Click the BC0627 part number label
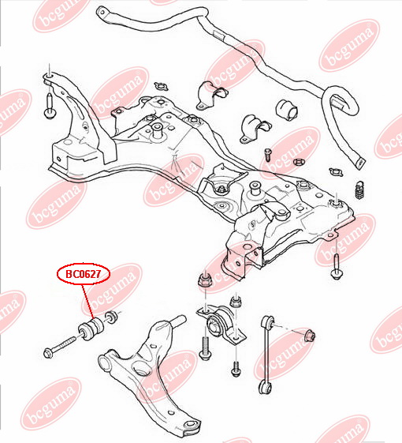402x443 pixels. pyautogui.click(x=84, y=274)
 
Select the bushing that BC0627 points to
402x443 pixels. pyautogui.click(x=91, y=328)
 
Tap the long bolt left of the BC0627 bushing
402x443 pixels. pyautogui.click(x=60, y=346)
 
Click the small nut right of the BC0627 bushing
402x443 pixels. pyautogui.click(x=111, y=317)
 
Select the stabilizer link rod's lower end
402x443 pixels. pyautogui.click(x=264, y=387)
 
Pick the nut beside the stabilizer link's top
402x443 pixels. pyautogui.click(x=310, y=335)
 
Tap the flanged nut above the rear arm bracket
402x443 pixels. pyautogui.click(x=205, y=280)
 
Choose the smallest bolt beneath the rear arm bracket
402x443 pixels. pyautogui.click(x=236, y=369)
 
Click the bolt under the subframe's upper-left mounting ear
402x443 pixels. pyautogui.click(x=50, y=106)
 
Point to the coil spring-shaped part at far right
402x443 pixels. pyautogui.click(x=359, y=190)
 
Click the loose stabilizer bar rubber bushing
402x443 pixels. pyautogui.click(x=286, y=110)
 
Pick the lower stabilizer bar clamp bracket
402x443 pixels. pyautogui.click(x=255, y=129)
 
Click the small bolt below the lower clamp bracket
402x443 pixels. pyautogui.click(x=267, y=155)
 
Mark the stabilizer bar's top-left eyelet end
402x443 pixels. pyautogui.click(x=102, y=13)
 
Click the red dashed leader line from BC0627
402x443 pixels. pyautogui.click(x=87, y=301)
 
